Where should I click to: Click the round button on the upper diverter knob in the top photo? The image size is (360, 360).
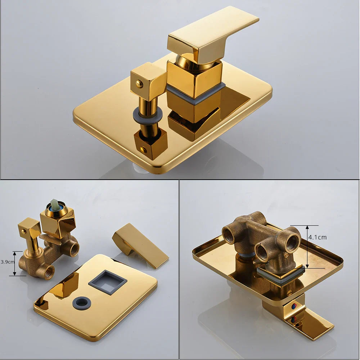click(x=139, y=84)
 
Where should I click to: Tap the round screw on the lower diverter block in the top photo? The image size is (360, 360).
click(x=143, y=149)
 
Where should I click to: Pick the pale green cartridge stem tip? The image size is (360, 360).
click(x=55, y=203)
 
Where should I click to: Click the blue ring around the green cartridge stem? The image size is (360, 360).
click(x=54, y=208)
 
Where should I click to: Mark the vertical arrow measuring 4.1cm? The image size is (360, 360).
click(x=307, y=247)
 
